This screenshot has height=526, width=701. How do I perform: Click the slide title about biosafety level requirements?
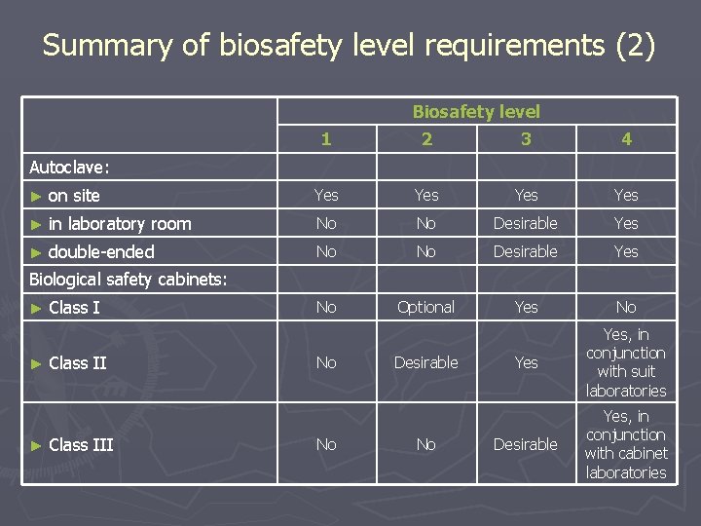coord(350,46)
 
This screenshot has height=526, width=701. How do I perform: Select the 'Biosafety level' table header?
coord(476,111)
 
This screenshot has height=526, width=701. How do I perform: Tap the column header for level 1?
coord(326,139)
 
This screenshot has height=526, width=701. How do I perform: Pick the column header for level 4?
coord(626,139)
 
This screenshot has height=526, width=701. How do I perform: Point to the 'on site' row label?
coord(74,196)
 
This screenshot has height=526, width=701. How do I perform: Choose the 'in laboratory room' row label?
coord(119,224)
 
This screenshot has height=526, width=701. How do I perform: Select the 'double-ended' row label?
coord(101,252)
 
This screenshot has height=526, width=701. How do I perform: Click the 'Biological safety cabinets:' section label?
coord(129,280)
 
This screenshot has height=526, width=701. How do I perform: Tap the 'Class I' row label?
coord(74,308)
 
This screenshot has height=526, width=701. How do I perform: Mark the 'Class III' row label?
coord(81,445)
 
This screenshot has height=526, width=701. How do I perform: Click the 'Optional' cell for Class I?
coord(426,308)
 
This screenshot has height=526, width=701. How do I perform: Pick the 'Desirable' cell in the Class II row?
coord(426,362)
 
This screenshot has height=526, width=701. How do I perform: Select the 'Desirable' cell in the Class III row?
coord(526,445)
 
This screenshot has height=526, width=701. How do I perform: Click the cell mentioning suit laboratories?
coord(626,362)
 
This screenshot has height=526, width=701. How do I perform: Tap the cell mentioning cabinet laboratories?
coord(626,445)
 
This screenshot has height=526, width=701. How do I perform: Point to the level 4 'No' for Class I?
coord(626,308)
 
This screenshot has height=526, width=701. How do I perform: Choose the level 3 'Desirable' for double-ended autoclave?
coord(526,252)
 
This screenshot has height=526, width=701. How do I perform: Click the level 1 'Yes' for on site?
coord(326,196)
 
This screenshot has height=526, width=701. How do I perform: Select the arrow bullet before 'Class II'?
coord(36,363)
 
